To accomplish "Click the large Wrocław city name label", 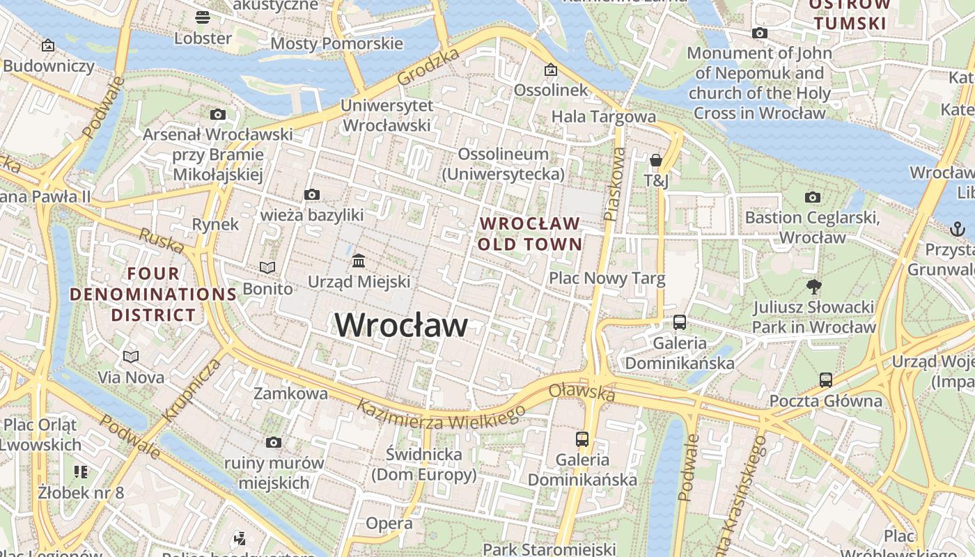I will click(401, 325).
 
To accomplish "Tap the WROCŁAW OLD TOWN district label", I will click(530, 234).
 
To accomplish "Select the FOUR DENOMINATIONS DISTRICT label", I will click(153, 294).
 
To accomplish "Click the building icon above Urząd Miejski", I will click(359, 261).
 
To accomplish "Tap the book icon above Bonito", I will click(267, 267).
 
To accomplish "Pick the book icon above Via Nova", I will click(131, 356).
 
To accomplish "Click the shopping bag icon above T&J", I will click(655, 161).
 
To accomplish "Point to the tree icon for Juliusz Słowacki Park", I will click(813, 286).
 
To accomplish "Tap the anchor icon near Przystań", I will click(958, 228).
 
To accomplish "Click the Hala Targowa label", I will click(603, 116).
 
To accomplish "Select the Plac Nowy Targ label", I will click(607, 278).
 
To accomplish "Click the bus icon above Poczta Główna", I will click(825, 380).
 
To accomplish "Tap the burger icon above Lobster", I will click(203, 17).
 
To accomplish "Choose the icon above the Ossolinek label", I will click(551, 70).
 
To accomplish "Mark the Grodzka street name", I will click(428, 67).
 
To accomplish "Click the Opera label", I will click(389, 523).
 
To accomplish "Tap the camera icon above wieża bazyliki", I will click(311, 195).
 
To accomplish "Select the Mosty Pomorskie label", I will click(336, 43).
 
